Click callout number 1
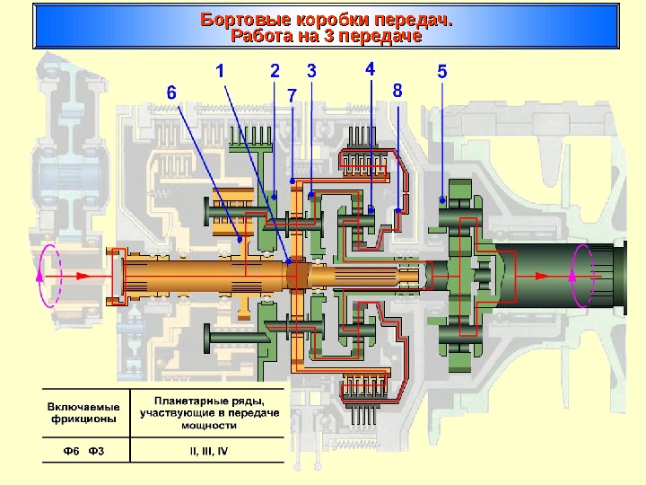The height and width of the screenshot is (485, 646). (x=220, y=70)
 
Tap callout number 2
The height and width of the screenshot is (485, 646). (x=275, y=70)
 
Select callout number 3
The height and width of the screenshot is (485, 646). (x=311, y=70)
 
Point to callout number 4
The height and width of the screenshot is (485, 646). (x=371, y=68)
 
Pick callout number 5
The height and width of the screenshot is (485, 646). (x=441, y=71)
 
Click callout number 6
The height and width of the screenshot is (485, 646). (x=172, y=92)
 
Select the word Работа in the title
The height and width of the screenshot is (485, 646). (x=260, y=37)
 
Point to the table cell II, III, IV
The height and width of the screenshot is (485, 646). (x=207, y=450)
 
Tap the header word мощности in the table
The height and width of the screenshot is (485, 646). (x=207, y=424)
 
